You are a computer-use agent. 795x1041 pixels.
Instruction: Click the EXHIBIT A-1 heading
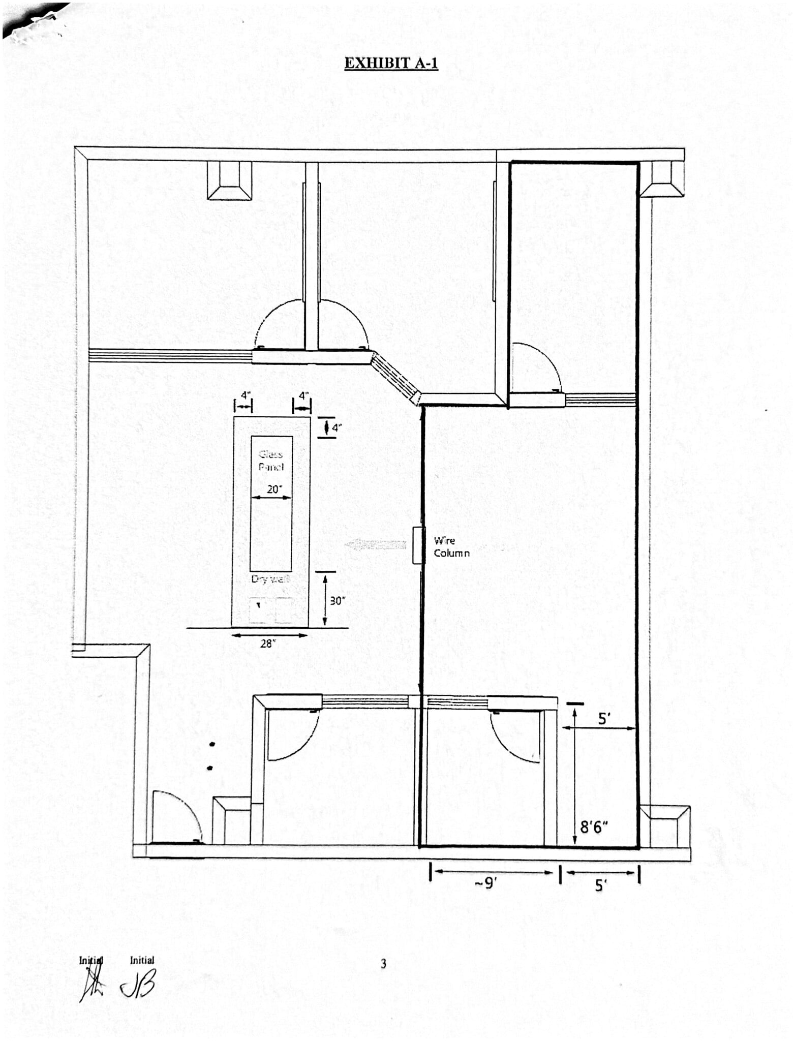click(x=391, y=63)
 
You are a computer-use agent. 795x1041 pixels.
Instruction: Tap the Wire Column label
click(x=451, y=547)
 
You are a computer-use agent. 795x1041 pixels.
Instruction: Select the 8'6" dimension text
click(x=594, y=828)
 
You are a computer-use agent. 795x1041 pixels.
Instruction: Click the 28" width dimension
click(x=268, y=644)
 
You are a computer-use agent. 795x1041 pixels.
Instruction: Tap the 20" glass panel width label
click(x=274, y=489)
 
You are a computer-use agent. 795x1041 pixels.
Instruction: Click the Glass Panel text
click(x=271, y=461)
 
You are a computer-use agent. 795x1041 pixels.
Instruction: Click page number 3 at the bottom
click(x=384, y=964)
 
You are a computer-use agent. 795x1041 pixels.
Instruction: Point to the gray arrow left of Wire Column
click(x=376, y=545)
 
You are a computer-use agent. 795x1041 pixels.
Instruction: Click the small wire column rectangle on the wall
click(x=417, y=545)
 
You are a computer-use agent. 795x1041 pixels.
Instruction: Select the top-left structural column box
click(x=229, y=180)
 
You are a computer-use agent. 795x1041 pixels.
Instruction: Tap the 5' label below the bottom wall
click(x=600, y=886)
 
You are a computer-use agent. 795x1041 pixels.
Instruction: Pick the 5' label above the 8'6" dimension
click(x=604, y=719)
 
